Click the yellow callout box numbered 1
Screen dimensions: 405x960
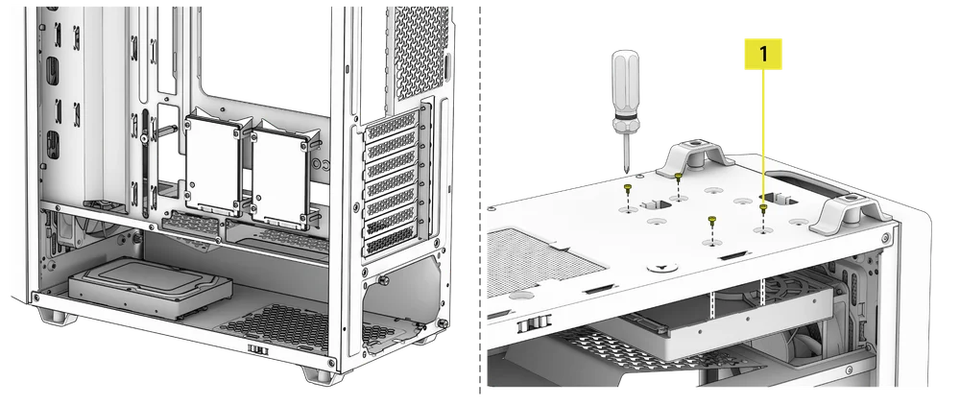pos(763,54)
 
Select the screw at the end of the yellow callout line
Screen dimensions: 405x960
pos(763,206)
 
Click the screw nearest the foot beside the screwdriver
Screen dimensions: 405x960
pos(679,179)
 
